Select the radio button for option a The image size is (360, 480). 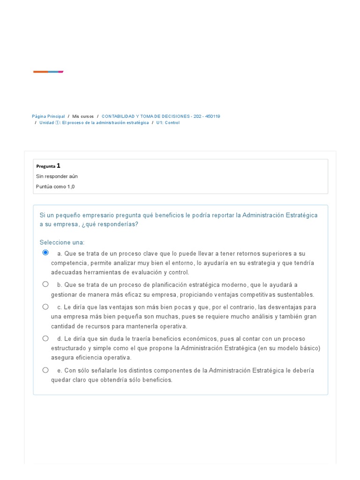pyautogui.click(x=45, y=253)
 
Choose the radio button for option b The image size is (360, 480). pyautogui.click(x=45, y=284)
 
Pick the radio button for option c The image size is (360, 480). pyautogui.click(x=45, y=307)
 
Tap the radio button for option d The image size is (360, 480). pyautogui.click(x=45, y=338)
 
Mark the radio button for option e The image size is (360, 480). pyautogui.click(x=45, y=370)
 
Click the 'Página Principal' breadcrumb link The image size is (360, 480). pyautogui.click(x=48, y=116)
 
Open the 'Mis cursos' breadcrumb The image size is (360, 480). pyautogui.click(x=83, y=116)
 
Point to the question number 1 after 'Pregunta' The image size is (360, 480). pyautogui.click(x=59, y=165)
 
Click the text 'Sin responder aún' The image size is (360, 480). pyautogui.click(x=57, y=176)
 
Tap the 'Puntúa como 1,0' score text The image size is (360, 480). pyautogui.click(x=55, y=187)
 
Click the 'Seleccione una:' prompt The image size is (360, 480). pyautogui.click(x=62, y=242)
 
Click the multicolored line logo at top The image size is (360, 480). pyautogui.click(x=48, y=72)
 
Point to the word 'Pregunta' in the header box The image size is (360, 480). pyautogui.click(x=45, y=166)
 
